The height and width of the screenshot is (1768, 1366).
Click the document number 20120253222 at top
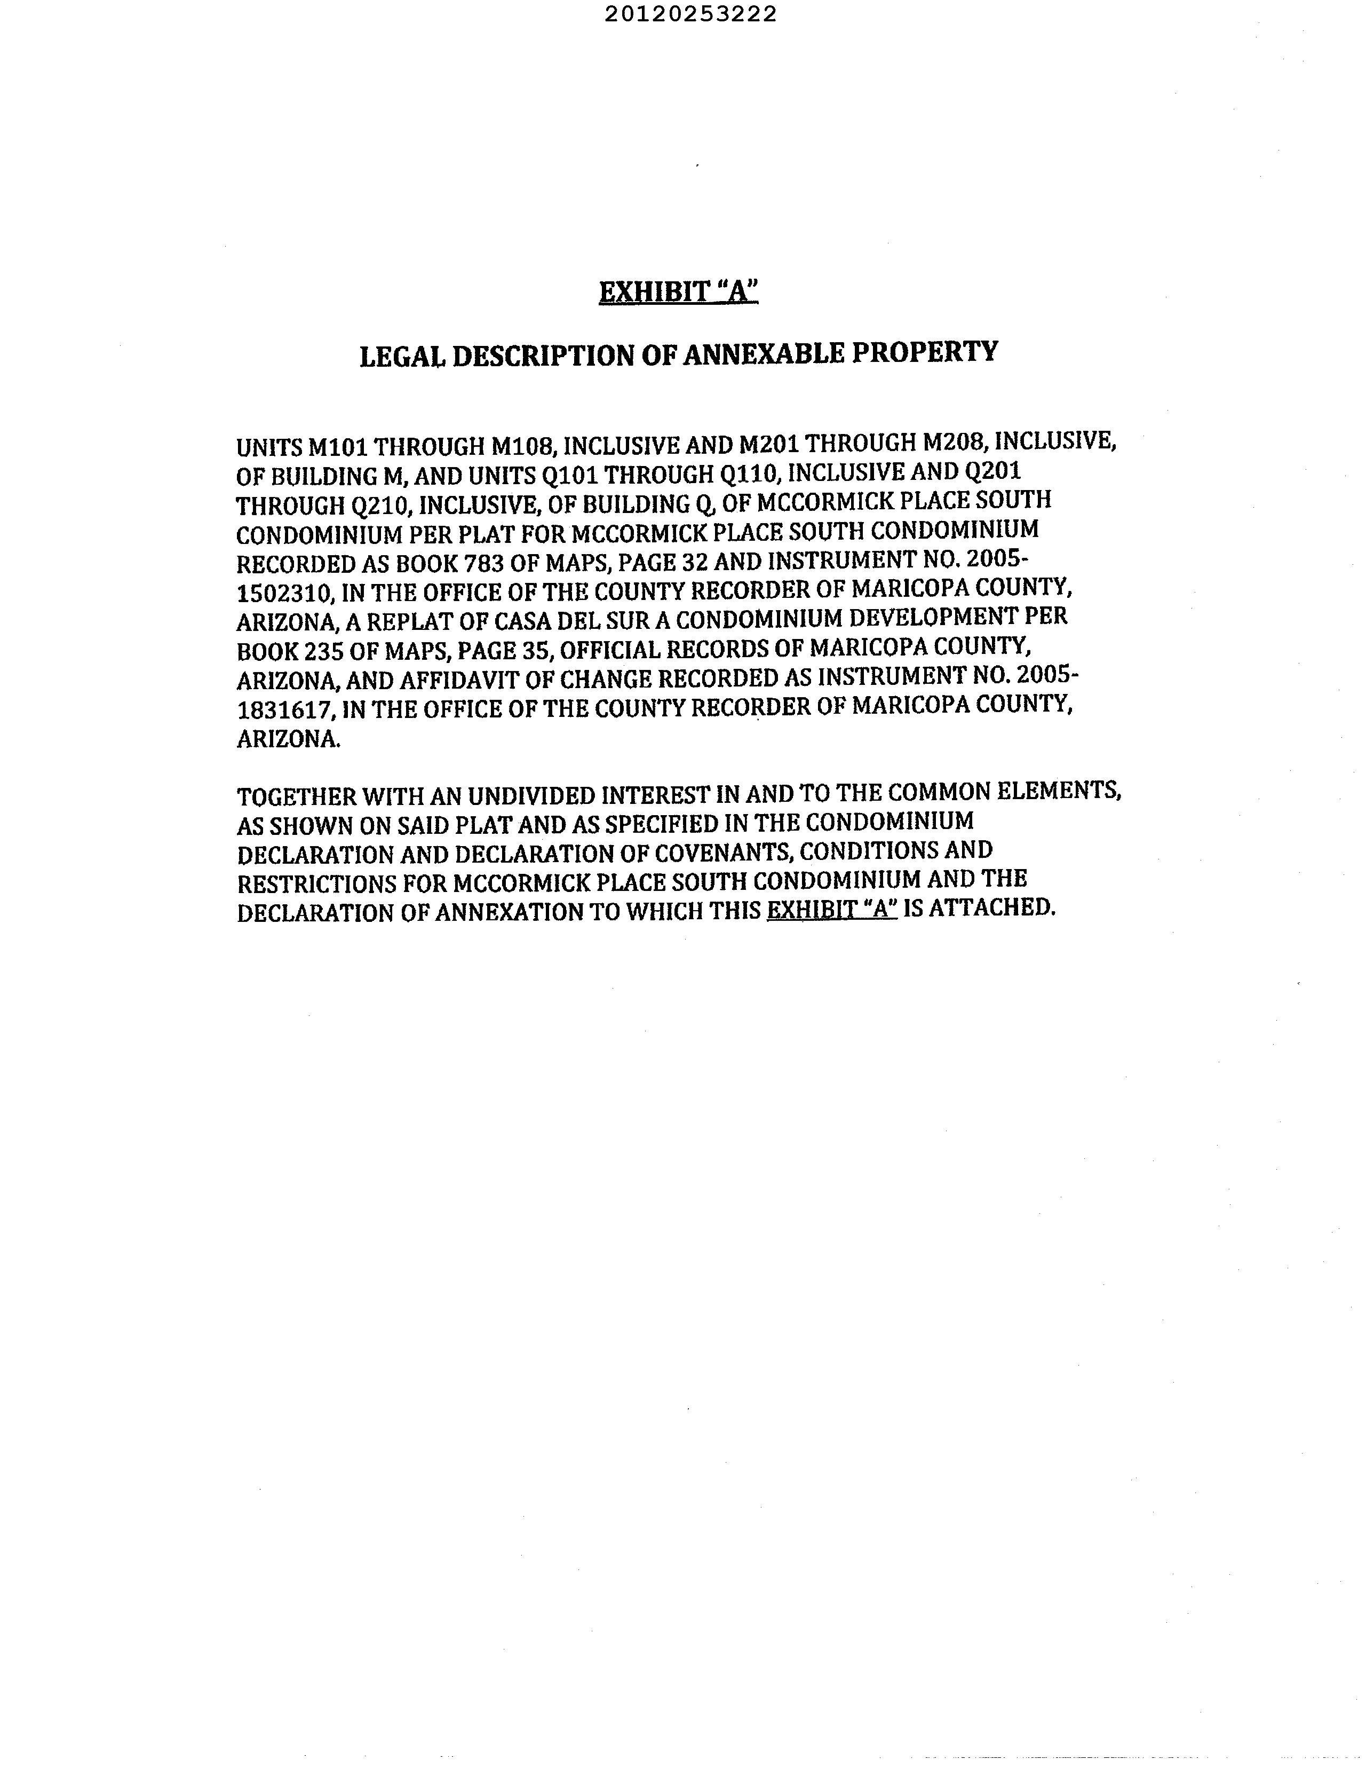[690, 14]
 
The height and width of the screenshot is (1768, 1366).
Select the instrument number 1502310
[283, 594]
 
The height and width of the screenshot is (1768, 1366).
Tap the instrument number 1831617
[284, 710]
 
